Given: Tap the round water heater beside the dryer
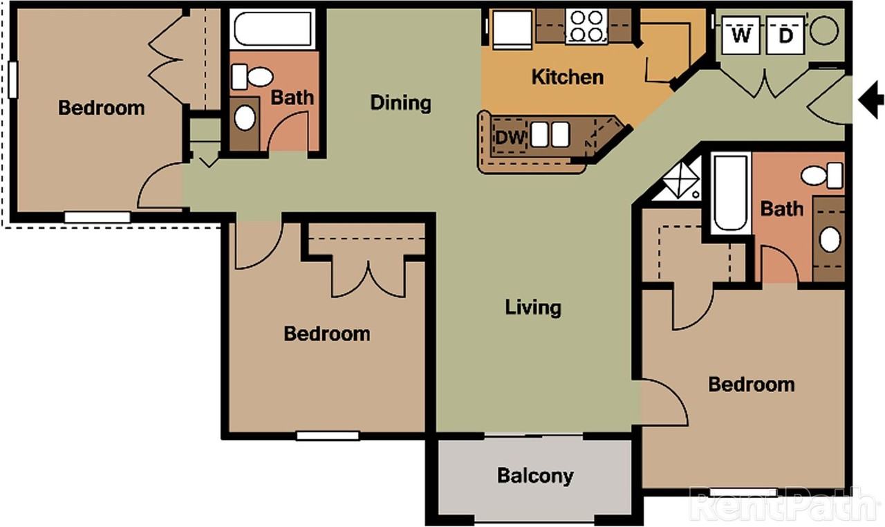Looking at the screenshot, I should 824,30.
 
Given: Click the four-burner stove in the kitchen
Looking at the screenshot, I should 586,27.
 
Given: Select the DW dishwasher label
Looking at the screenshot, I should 510,136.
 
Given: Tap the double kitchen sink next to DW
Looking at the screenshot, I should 550,134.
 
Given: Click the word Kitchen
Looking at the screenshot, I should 568,77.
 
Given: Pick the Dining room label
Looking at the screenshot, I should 401,103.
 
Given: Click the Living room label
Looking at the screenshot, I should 533,306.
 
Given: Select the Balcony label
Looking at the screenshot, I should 535,476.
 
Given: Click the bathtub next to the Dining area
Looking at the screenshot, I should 274,28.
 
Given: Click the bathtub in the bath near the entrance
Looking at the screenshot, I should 731,193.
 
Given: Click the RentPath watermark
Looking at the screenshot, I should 785,505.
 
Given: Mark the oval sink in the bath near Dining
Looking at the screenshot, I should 245,118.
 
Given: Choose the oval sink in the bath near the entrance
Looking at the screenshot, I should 830,239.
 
